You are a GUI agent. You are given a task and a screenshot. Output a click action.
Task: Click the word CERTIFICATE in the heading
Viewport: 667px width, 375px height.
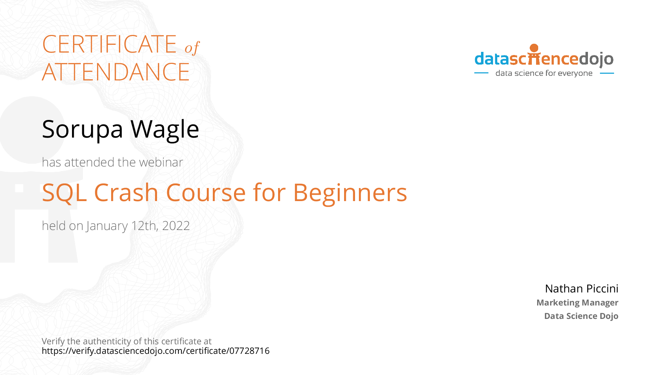point(109,44)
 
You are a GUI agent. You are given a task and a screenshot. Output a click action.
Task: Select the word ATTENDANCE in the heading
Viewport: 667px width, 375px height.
point(116,72)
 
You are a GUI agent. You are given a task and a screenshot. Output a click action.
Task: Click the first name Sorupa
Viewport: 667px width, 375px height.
point(82,129)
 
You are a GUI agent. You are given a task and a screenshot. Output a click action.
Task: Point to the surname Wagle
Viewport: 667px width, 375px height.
point(164,129)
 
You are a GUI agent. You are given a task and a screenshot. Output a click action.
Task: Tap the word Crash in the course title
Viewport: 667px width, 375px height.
point(126,193)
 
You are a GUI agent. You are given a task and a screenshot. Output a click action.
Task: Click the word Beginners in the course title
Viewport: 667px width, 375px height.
point(350,193)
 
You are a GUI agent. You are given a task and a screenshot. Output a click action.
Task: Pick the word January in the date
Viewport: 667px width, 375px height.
point(107,226)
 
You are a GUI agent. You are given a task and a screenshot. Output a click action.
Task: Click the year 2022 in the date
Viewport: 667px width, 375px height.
point(176,226)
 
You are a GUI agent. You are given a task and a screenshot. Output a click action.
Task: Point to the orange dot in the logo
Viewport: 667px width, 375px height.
point(534,48)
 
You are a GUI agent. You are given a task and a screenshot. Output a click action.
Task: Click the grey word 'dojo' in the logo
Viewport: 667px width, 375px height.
point(596,59)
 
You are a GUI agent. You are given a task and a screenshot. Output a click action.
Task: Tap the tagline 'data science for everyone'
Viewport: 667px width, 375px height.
point(544,73)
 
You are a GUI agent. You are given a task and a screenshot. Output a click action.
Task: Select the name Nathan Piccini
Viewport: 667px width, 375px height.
point(582,289)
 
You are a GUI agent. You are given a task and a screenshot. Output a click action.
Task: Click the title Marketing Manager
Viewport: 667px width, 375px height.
point(577,303)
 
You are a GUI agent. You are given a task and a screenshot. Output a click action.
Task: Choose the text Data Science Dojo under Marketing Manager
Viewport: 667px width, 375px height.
point(581,316)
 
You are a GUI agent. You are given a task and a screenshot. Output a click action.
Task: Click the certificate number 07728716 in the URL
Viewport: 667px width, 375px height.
point(250,351)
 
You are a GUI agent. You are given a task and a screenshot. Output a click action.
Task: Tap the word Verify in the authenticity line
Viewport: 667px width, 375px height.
point(53,341)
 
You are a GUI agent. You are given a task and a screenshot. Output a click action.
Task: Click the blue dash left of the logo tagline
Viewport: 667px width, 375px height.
point(481,73)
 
